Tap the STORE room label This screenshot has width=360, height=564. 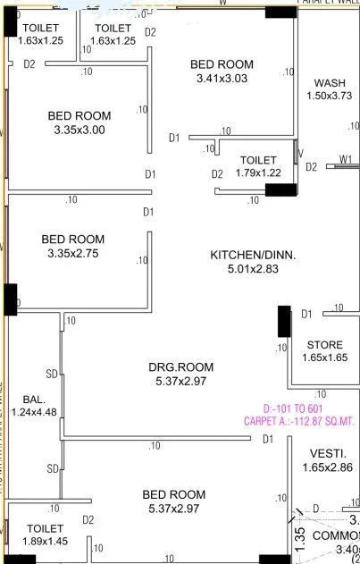pyautogui.click(x=323, y=345)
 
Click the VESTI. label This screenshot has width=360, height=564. pyautogui.click(x=323, y=453)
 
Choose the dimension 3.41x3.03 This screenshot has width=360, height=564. pyautogui.click(x=222, y=79)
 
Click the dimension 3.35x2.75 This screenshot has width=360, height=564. pyautogui.click(x=72, y=254)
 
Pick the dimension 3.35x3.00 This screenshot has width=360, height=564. pyautogui.click(x=79, y=130)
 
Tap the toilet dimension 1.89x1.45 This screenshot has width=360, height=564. pyautogui.click(x=45, y=542)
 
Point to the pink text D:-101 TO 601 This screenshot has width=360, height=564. pyautogui.click(x=299, y=409)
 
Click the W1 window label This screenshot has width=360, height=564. pyautogui.click(x=345, y=160)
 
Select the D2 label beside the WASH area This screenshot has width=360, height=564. pyautogui.click(x=312, y=167)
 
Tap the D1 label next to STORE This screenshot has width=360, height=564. pyautogui.click(x=306, y=314)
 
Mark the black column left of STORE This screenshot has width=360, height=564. pyautogui.click(x=284, y=321)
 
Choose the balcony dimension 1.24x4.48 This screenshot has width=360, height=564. pyautogui.click(x=34, y=412)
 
